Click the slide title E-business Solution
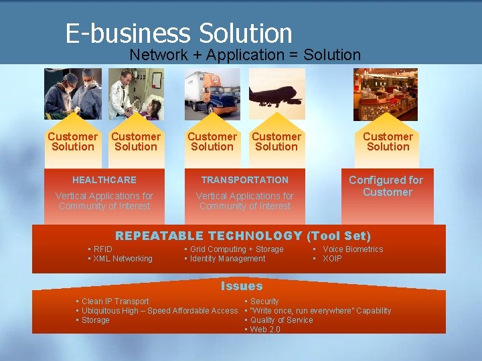(x=179, y=33)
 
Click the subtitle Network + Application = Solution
(x=245, y=55)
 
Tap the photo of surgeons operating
(x=73, y=94)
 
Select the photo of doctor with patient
(x=137, y=94)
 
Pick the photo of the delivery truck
(x=212, y=94)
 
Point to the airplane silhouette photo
(x=276, y=94)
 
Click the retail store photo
(x=386, y=94)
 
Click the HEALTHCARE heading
(x=104, y=180)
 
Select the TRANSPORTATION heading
(x=245, y=180)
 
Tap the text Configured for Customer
(x=386, y=186)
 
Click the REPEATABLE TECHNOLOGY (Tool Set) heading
(x=243, y=235)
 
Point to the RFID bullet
(x=102, y=249)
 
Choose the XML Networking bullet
(x=123, y=259)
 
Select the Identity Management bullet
(x=228, y=259)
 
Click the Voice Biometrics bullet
(x=353, y=249)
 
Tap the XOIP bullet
(x=332, y=259)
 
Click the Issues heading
(x=242, y=286)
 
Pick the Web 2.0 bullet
(x=265, y=330)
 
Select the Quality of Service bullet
(x=281, y=320)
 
